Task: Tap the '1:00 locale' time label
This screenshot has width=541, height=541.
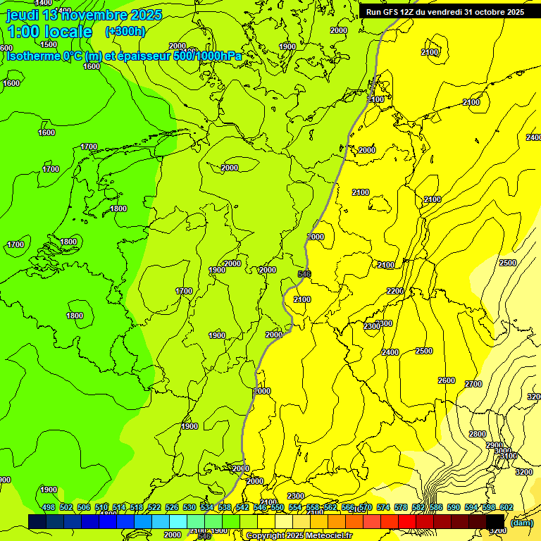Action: point(49,32)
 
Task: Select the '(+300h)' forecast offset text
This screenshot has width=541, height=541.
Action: point(125,32)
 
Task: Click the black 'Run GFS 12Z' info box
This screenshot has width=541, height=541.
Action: point(444,11)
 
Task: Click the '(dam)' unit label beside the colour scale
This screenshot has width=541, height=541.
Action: point(521,522)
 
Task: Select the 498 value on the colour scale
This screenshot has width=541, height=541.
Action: point(49,507)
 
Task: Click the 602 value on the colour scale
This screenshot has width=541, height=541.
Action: point(506,507)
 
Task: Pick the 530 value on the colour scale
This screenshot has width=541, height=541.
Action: point(189,507)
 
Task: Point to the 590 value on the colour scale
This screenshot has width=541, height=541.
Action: point(453,507)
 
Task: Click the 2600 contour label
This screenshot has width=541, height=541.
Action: point(447,380)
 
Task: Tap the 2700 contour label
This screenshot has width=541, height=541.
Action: point(473,384)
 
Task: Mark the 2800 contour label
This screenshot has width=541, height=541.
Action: point(478,434)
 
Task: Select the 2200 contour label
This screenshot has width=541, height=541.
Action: point(394,291)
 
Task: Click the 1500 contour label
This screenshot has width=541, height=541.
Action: point(49,44)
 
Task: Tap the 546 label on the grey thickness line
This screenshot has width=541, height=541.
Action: point(304,273)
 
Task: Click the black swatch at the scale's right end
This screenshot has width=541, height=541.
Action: point(495,521)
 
